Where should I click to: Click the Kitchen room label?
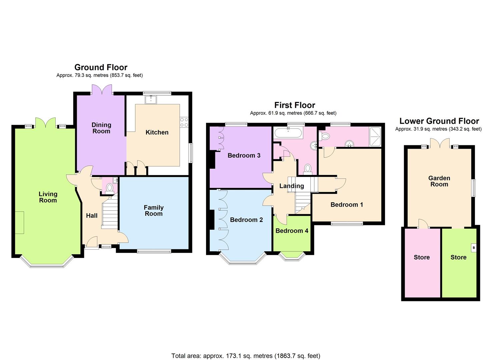[157, 132]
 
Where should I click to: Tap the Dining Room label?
[101, 128]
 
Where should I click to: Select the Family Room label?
[153, 211]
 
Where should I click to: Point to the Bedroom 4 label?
[292, 231]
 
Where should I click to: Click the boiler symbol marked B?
[474, 248]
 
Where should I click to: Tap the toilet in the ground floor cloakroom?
[109, 189]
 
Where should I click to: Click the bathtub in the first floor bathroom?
[288, 134]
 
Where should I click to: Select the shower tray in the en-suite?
[375, 137]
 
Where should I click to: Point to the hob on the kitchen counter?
[184, 122]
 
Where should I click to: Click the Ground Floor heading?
[101, 67]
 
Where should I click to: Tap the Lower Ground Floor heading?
[439, 121]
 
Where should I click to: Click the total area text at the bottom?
[246, 356]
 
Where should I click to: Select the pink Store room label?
[421, 257]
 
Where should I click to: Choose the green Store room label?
[458, 257]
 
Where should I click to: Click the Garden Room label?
[439, 181]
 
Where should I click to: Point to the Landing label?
[291, 186]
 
